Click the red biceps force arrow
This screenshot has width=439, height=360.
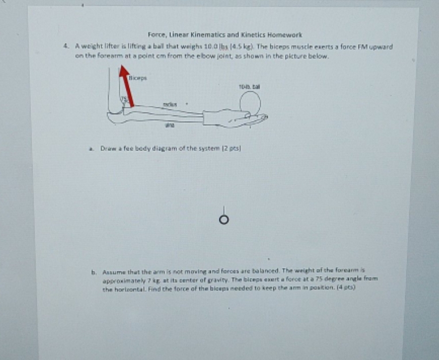click(x=126, y=87)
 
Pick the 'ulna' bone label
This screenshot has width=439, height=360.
click(x=170, y=123)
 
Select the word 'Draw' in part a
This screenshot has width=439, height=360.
click(x=108, y=148)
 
